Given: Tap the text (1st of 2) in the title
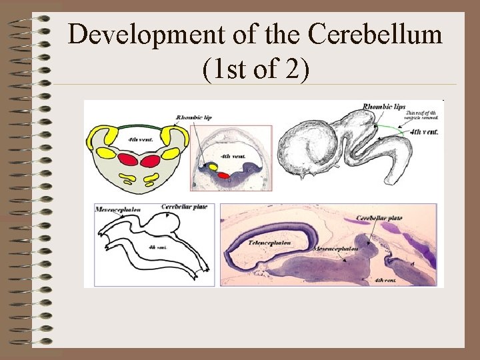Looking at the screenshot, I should (254, 69).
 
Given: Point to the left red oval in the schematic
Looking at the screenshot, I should (129, 160).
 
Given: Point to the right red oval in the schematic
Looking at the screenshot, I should (150, 160).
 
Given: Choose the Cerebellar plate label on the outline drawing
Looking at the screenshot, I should (184, 207).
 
